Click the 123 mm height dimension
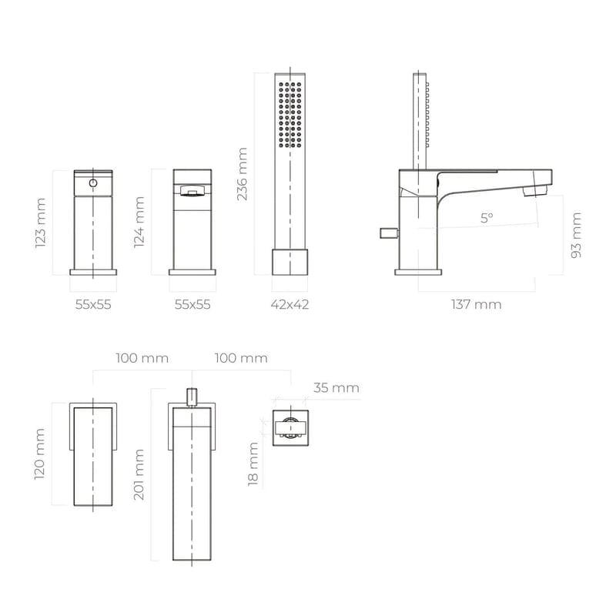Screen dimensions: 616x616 coord(41,223)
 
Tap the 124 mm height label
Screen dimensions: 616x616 coord(139,223)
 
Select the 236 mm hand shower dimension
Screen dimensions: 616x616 coord(242,174)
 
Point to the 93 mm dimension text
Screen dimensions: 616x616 coord(576,235)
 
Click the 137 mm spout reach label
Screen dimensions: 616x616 coord(476,304)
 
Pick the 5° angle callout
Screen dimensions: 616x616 coord(487,218)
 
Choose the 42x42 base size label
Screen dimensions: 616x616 coord(290,304)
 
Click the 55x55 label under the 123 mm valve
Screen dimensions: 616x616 coord(93,304)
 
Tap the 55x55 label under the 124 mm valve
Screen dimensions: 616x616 coord(192,304)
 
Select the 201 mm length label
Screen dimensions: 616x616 coord(139,474)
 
